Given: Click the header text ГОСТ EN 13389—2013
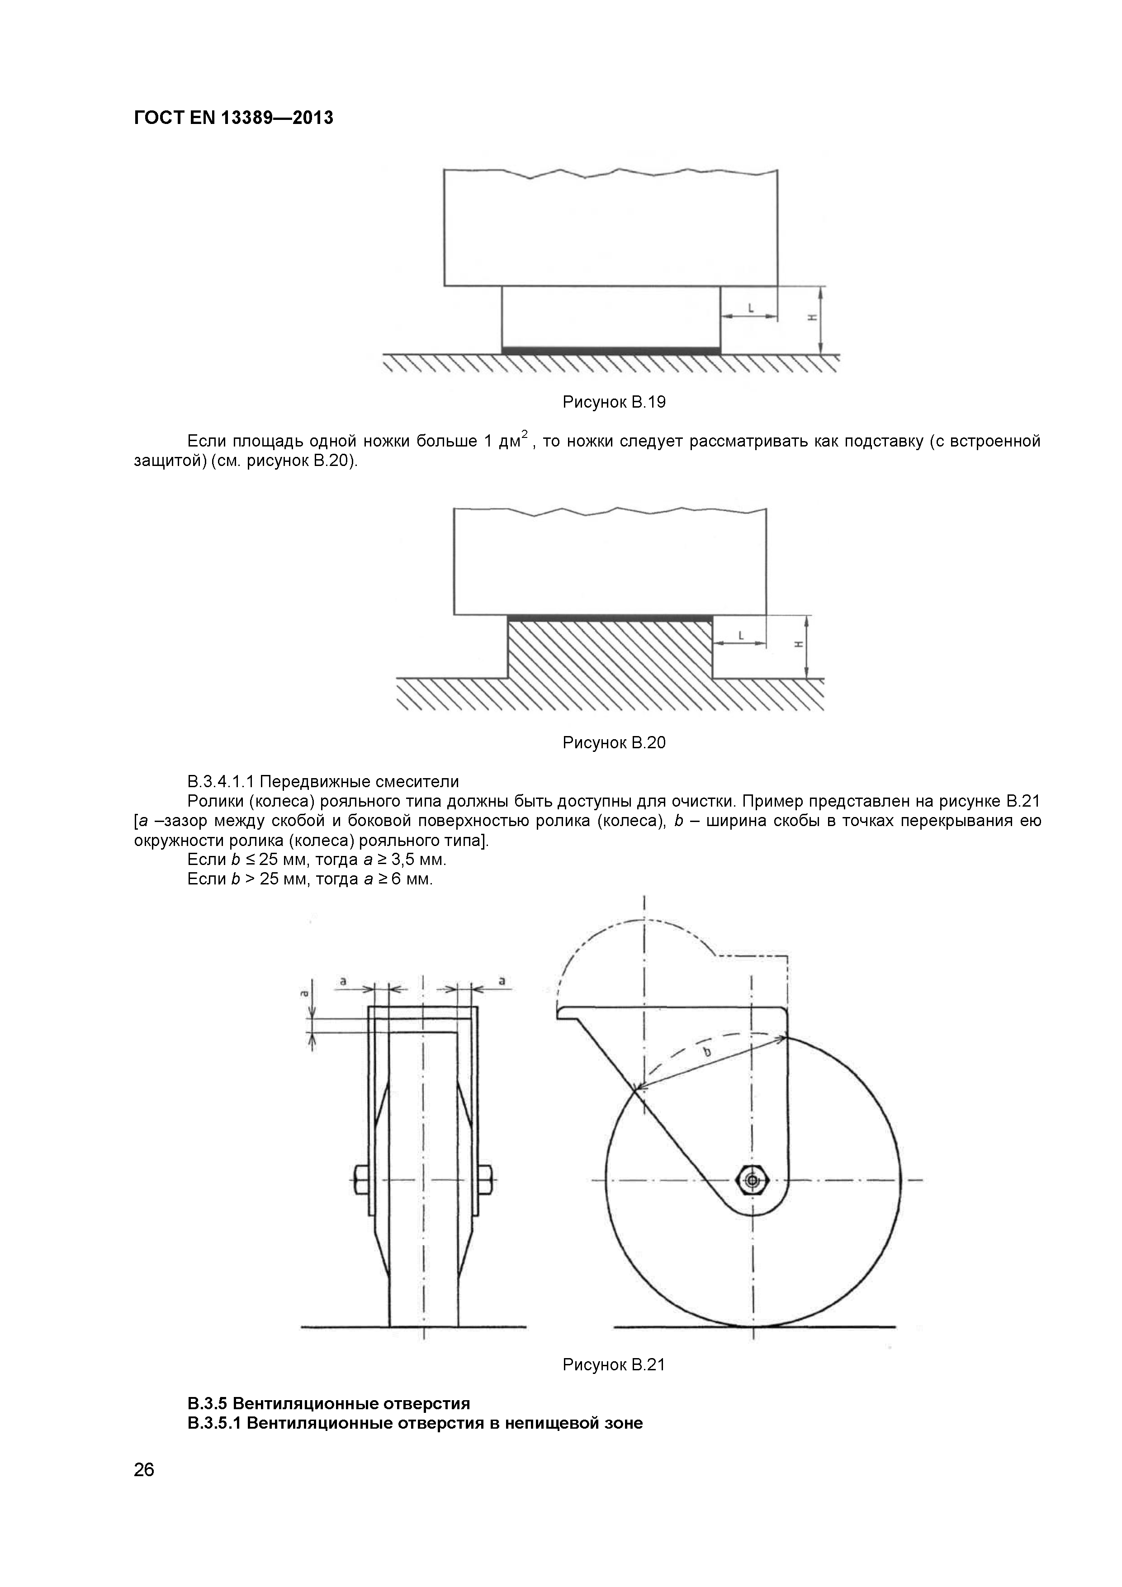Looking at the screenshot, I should tap(233, 118).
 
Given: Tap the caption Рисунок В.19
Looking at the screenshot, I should tap(614, 402).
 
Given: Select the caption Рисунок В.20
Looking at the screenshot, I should tap(614, 743).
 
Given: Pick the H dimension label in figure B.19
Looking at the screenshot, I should tap(813, 318).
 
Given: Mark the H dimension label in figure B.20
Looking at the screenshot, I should tap(799, 644).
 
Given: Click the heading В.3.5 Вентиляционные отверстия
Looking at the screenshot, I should tap(328, 1404).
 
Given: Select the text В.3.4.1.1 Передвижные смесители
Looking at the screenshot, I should tap(322, 782).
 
